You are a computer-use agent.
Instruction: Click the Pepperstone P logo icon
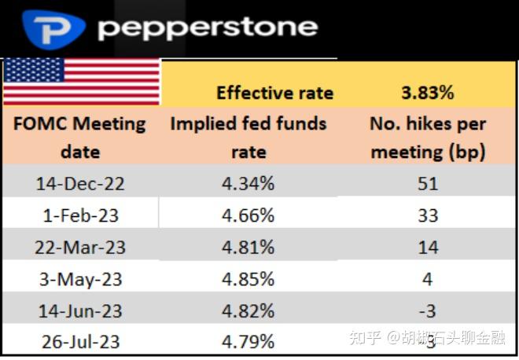coord(54,28)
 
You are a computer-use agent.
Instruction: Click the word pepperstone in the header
coord(208,28)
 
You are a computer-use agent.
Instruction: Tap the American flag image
coord(81,82)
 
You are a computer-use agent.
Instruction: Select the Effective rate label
coord(274,93)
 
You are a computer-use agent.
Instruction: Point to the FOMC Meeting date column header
coord(81,137)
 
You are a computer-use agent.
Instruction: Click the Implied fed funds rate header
coord(248,137)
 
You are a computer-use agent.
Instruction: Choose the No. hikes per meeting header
coord(428,137)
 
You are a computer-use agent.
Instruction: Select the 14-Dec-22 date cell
coord(80,184)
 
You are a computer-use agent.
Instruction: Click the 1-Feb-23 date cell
coord(80,215)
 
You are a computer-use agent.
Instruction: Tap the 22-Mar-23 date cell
coord(80,248)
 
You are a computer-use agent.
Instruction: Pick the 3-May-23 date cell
coord(80,279)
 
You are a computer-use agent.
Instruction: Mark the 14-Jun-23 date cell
coord(80,310)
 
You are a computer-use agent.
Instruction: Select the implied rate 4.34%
coord(248,184)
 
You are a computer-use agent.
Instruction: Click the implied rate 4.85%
coord(248,279)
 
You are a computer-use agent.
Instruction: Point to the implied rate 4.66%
coord(248,215)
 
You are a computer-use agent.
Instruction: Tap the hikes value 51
coord(428,184)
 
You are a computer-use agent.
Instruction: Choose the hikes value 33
coord(428,215)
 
